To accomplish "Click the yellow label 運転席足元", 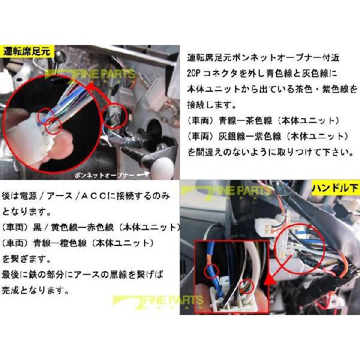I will [x=28, y=51].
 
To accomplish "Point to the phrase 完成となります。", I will [x=40, y=290].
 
